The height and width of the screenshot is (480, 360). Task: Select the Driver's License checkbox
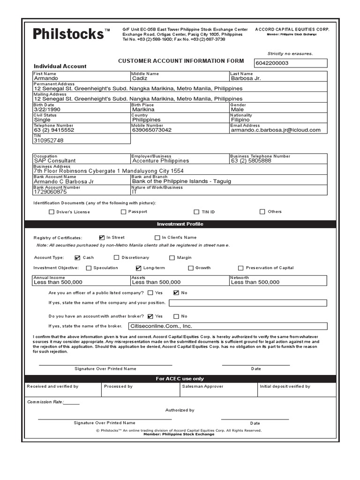(x=52, y=212)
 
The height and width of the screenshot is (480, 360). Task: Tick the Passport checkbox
(x=124, y=212)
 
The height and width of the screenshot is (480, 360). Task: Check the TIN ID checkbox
(x=197, y=212)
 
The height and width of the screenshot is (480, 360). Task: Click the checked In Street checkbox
(x=102, y=238)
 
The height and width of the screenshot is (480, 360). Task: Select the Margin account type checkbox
(x=172, y=258)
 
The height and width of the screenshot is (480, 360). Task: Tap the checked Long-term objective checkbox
(x=138, y=268)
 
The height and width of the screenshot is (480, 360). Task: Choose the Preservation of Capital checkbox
(x=241, y=268)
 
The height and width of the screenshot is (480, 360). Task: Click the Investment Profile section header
(x=180, y=224)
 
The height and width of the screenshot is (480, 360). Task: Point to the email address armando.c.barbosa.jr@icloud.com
(x=276, y=130)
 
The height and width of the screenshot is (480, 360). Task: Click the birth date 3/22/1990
(x=47, y=109)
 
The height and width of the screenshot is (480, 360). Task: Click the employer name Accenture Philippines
(x=161, y=161)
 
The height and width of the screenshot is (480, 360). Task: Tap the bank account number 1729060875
(x=50, y=192)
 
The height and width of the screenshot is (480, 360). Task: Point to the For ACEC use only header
(x=180, y=379)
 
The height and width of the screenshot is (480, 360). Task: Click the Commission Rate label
(x=45, y=402)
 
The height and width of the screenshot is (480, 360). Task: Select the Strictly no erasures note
(x=290, y=54)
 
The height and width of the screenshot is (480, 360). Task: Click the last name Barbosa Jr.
(x=246, y=78)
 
